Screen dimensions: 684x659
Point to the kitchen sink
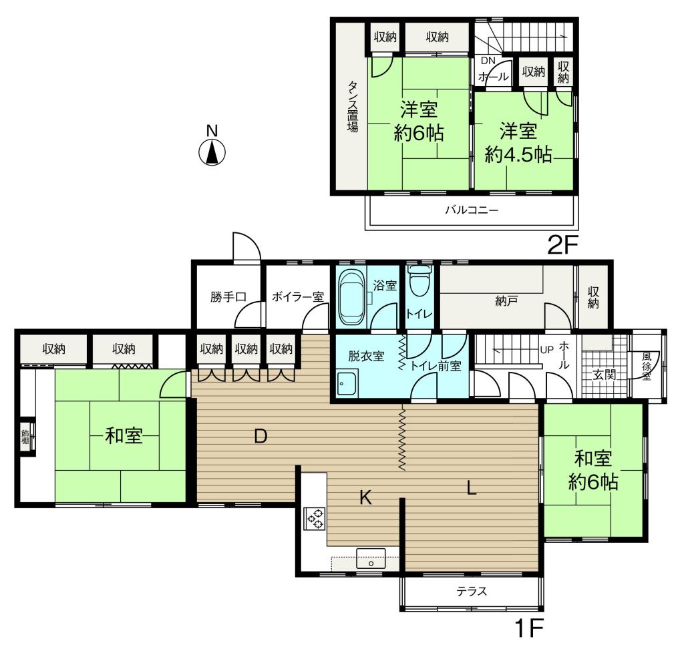[371, 559]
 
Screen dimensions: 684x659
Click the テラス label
[472, 592]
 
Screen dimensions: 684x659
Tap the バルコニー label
[472, 210]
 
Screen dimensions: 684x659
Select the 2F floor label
[562, 245]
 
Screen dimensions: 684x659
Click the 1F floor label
[529, 628]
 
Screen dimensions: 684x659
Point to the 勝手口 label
[228, 297]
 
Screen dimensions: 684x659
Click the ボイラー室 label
[298, 297]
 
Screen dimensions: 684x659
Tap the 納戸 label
[506, 300]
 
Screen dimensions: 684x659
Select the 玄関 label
[604, 374]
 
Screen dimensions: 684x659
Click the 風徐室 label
[647, 366]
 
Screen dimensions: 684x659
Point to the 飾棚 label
[25, 437]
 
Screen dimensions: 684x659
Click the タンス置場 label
[353, 106]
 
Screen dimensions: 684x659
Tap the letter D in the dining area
[261, 436]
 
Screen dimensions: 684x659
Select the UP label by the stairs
[546, 350]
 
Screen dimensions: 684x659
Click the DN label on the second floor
[488, 61]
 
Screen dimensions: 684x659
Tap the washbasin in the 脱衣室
[347, 383]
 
